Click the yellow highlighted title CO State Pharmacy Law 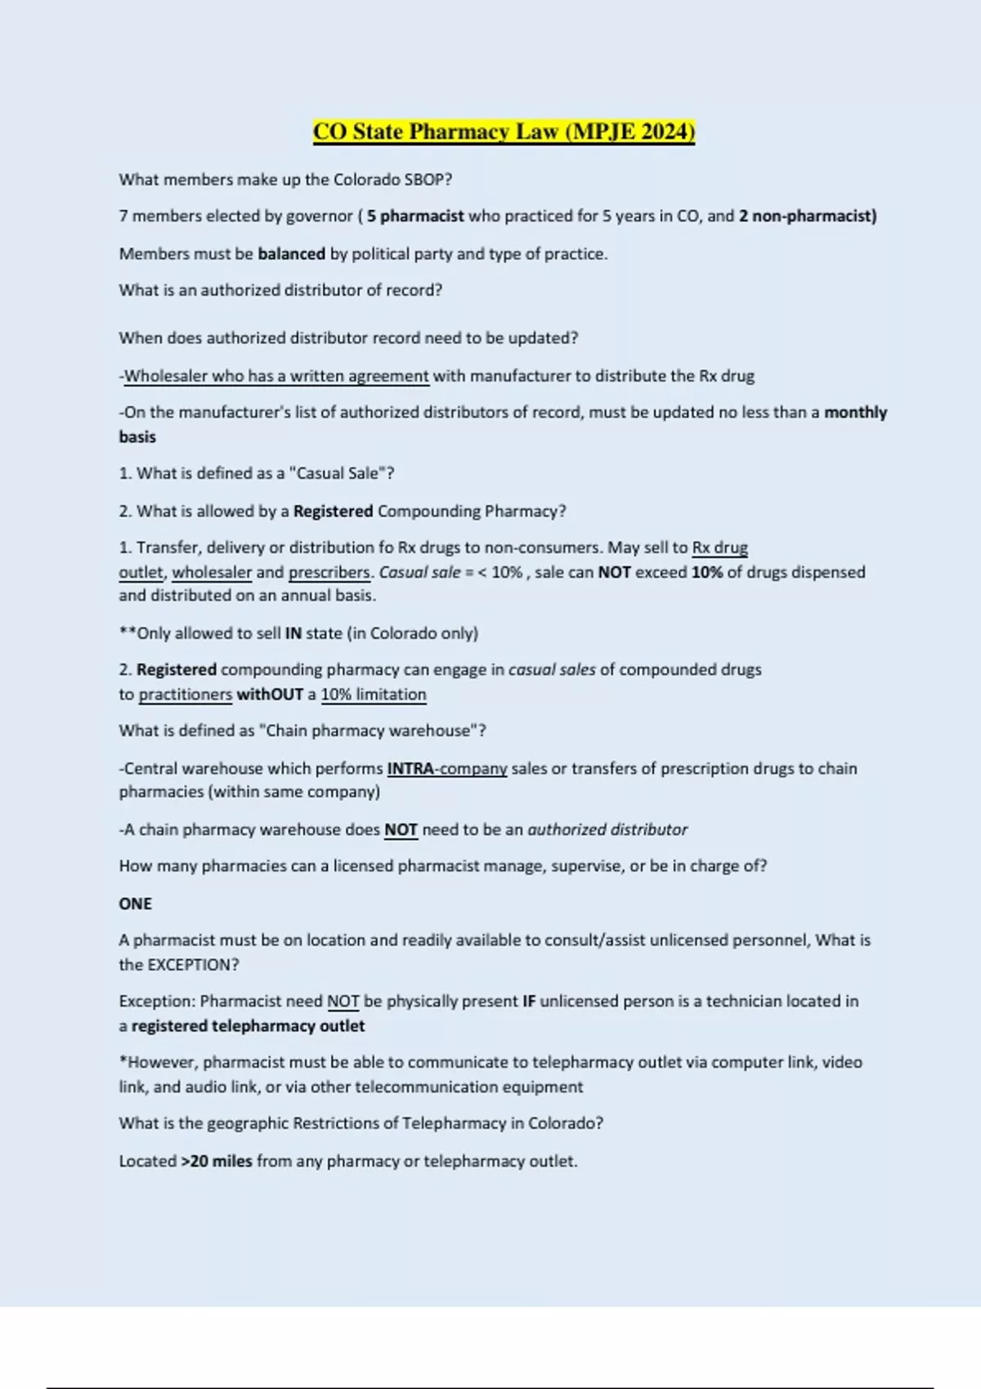(x=504, y=132)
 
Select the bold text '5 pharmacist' (x=415, y=217)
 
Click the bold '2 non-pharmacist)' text (x=808, y=217)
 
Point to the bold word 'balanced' (x=291, y=254)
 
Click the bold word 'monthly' (x=855, y=413)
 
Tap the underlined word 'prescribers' (x=329, y=573)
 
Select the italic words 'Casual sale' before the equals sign (x=419, y=573)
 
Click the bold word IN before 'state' (x=293, y=634)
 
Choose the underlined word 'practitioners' (x=186, y=694)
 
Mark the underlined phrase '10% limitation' (x=374, y=694)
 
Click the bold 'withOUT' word (x=270, y=694)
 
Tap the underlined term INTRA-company (x=447, y=769)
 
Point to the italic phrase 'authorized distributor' (x=607, y=830)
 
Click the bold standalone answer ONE (x=136, y=904)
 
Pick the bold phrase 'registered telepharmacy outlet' (x=248, y=1026)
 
